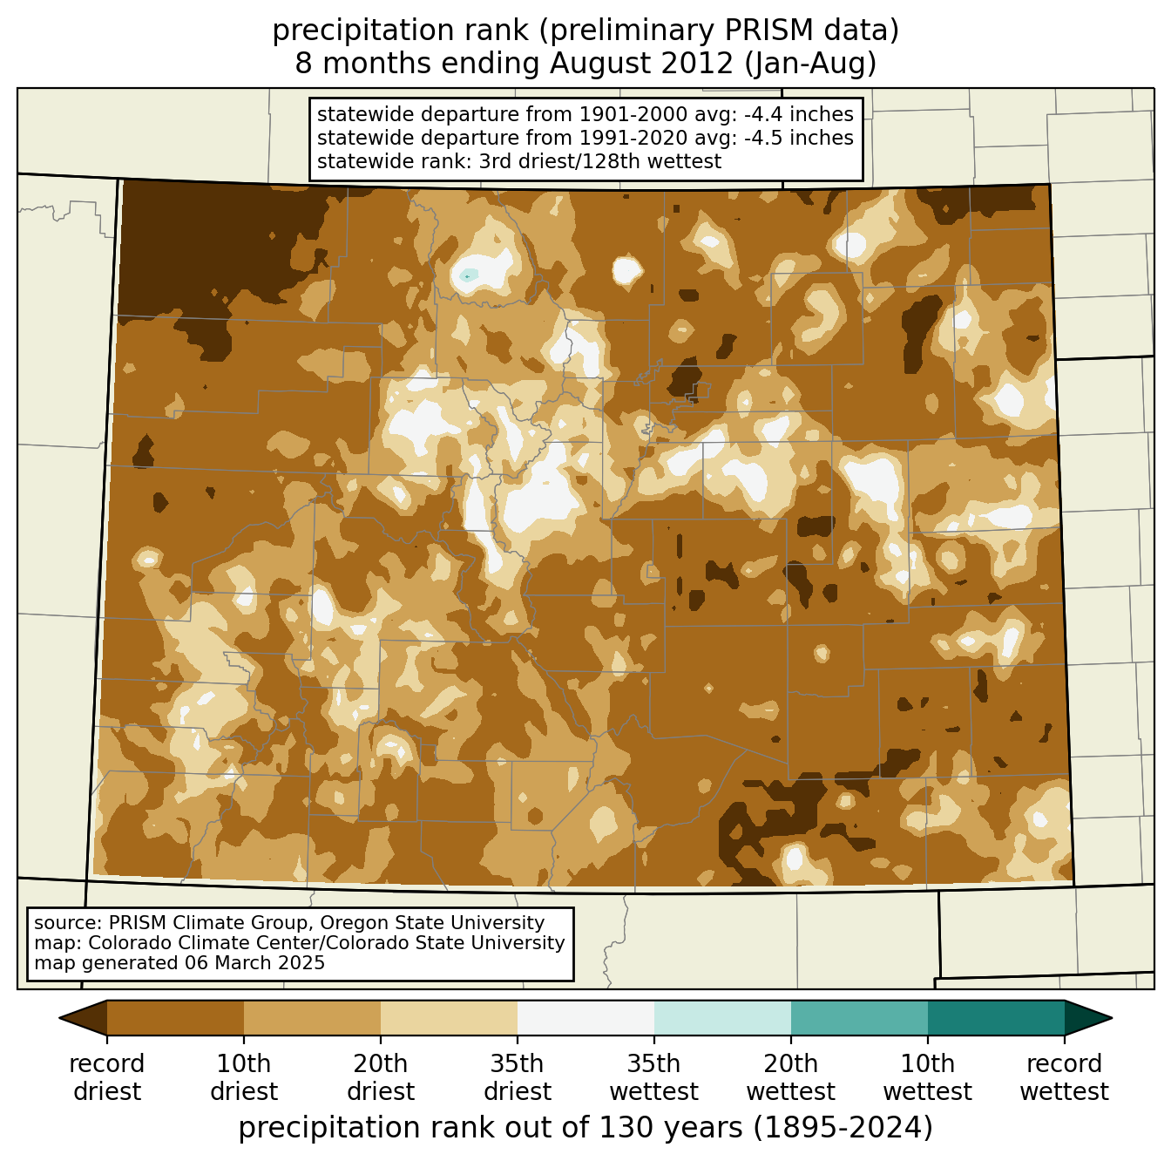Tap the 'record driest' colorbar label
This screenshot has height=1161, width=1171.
pyautogui.click(x=106, y=1077)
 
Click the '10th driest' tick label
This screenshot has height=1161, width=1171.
pyautogui.click(x=243, y=1077)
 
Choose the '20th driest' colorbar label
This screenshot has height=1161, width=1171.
pyautogui.click(x=380, y=1077)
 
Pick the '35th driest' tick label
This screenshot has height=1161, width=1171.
pyautogui.click(x=517, y=1077)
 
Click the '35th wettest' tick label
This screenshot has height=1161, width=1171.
pyautogui.click(x=653, y=1077)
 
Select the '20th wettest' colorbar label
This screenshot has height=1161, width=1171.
pyautogui.click(x=790, y=1077)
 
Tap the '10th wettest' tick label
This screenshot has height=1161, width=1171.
pyautogui.click(x=927, y=1077)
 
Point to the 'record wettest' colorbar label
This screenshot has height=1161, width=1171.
pyautogui.click(x=1064, y=1077)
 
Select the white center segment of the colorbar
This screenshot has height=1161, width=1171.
pyautogui.click(x=585, y=1018)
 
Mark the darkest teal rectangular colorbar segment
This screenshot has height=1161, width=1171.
pyautogui.click(x=996, y=1018)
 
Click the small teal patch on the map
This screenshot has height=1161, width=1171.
pyautogui.click(x=469, y=275)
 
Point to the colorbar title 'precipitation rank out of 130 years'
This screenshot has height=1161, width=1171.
pyautogui.click(x=491, y=1128)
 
